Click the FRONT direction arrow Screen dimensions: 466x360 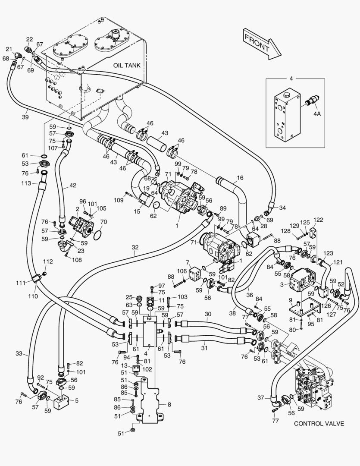click(x=261, y=43)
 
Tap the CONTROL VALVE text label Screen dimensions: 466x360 click(x=319, y=423)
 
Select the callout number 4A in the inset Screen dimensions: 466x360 click(x=317, y=113)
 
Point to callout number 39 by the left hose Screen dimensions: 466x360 click(x=25, y=117)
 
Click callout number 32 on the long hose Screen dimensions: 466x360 click(x=135, y=248)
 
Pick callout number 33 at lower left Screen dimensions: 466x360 click(x=19, y=353)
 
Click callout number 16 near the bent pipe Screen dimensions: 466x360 click(x=240, y=177)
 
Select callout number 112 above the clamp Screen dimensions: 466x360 click(x=48, y=261)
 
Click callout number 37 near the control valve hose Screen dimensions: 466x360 click(x=260, y=398)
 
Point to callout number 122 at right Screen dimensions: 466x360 click(x=318, y=220)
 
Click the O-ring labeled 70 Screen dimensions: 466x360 click(x=97, y=235)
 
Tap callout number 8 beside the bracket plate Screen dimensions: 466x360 click(x=169, y=404)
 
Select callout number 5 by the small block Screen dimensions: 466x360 click(x=77, y=400)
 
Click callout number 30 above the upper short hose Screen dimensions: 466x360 click(x=208, y=315)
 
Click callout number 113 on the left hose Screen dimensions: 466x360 click(x=26, y=183)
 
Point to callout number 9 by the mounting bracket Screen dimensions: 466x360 click(x=290, y=300)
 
